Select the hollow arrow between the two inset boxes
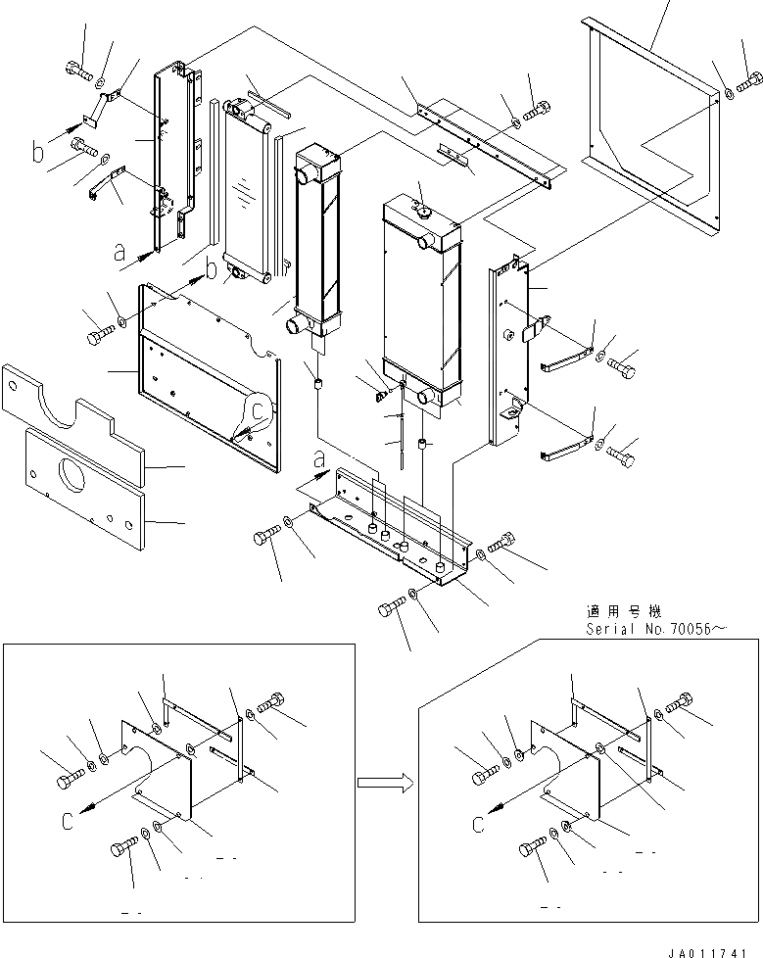click(x=381, y=782)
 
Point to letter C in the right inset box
click(x=479, y=824)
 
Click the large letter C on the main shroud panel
click(x=258, y=409)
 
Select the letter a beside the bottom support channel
click(x=319, y=457)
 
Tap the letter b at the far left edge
click(x=38, y=152)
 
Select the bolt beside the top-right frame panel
click(x=752, y=81)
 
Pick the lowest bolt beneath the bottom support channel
click(x=389, y=611)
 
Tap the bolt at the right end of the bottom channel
click(x=502, y=541)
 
